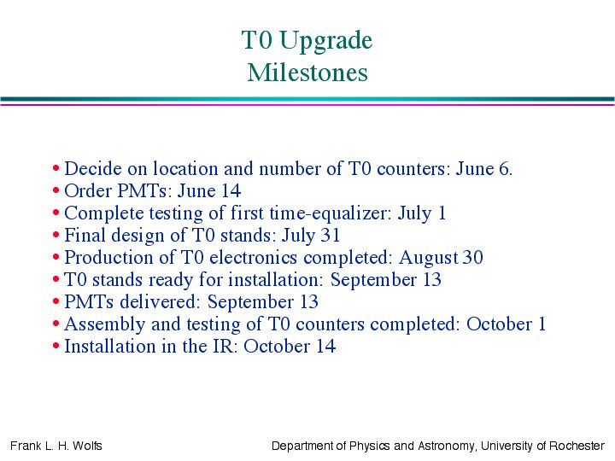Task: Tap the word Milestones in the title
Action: click(307, 73)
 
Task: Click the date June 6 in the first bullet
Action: click(483, 169)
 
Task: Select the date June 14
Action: click(209, 191)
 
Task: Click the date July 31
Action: click(311, 236)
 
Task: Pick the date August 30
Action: click(441, 259)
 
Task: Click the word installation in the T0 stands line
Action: click(276, 280)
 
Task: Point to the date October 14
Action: click(290, 346)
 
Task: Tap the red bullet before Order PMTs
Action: click(56, 191)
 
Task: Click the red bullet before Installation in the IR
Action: click(56, 346)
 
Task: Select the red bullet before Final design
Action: click(56, 236)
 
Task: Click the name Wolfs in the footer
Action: click(87, 446)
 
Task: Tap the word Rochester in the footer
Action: click(577, 446)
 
